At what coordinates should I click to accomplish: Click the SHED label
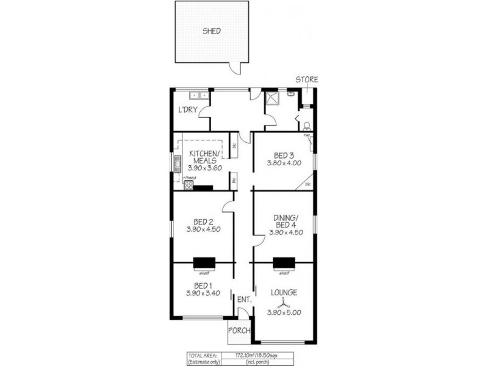coord(212,31)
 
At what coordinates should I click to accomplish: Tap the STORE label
coord(307,80)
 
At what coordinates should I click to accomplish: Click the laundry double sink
coord(199,95)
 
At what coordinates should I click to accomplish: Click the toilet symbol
coord(307,126)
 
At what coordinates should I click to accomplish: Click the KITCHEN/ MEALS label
coord(204,157)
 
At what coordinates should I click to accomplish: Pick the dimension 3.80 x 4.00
coord(284,163)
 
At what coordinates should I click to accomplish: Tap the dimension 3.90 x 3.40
coord(203,294)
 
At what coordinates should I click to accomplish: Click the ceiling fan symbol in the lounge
coord(284,300)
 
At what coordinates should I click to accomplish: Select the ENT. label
coord(243,299)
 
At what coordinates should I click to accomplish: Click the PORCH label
coord(239,331)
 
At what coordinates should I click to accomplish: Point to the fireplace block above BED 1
coord(203,263)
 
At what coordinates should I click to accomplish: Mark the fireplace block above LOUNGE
coord(284,263)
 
